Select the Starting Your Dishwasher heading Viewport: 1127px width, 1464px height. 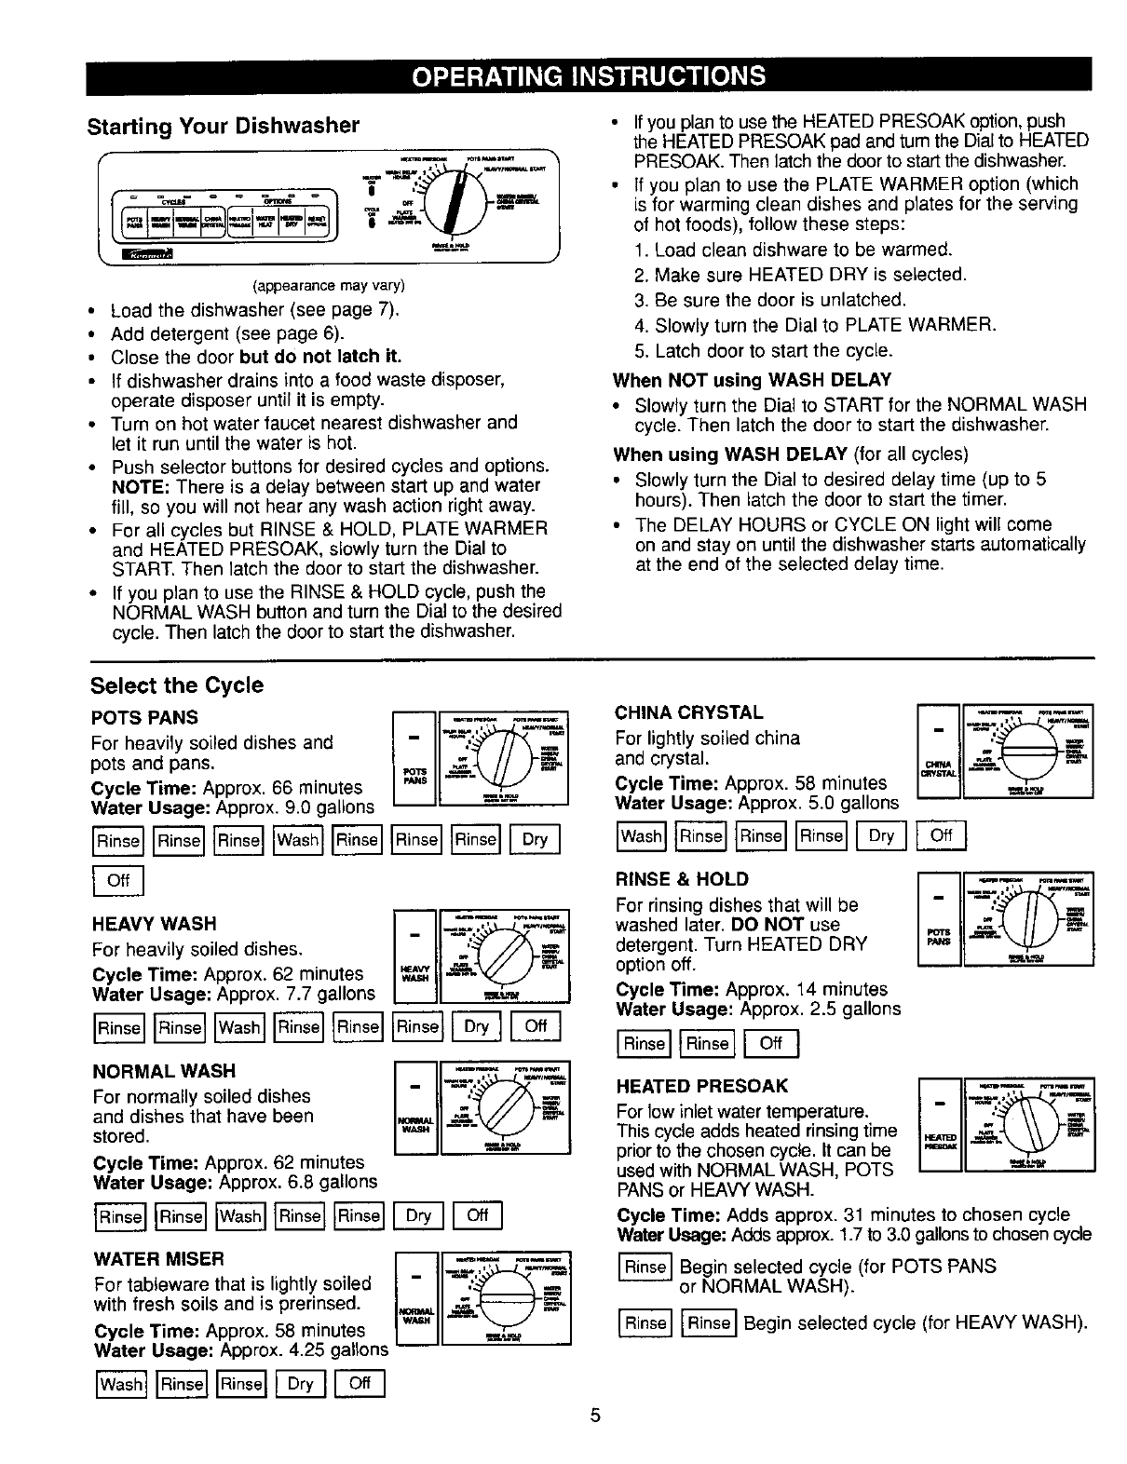(x=223, y=126)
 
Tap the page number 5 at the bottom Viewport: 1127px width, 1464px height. (x=596, y=1416)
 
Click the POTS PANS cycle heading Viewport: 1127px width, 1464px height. (x=144, y=717)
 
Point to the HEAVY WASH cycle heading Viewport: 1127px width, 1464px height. (x=154, y=923)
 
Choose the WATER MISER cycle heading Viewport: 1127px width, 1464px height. (x=158, y=1258)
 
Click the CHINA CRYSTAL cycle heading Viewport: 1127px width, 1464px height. (x=689, y=712)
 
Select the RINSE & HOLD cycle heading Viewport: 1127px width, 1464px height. (x=682, y=878)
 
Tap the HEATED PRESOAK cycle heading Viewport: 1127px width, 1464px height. (x=702, y=1085)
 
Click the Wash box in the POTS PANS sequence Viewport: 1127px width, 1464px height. (x=298, y=840)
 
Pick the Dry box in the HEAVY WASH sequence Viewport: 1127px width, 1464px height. (x=476, y=1027)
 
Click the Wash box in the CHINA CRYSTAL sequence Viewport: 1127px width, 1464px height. (x=641, y=836)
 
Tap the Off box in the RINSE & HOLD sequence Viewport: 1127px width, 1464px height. (x=771, y=1043)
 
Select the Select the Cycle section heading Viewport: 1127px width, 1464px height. (x=177, y=685)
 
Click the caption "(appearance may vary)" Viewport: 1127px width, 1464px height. (x=322, y=285)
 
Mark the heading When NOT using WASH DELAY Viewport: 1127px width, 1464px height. (x=752, y=380)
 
